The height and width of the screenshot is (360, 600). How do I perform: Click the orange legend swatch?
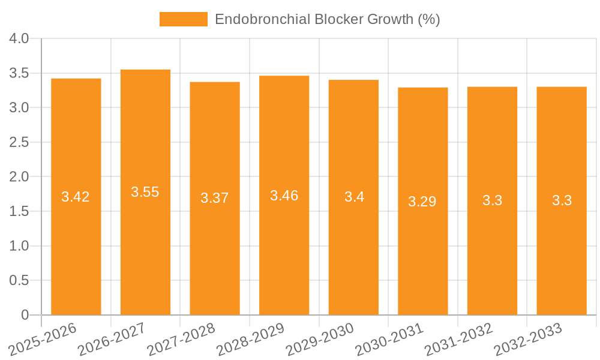(x=183, y=19)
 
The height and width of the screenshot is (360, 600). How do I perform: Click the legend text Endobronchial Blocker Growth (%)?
(x=327, y=19)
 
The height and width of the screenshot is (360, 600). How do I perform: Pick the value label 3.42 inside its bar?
(x=76, y=197)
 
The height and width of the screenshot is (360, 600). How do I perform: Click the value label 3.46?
(x=284, y=196)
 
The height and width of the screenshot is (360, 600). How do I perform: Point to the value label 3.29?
(x=422, y=202)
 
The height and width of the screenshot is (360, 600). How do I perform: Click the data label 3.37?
(x=215, y=199)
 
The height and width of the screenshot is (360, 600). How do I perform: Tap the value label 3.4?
(x=354, y=197)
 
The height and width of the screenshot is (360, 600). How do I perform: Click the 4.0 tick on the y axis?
(x=20, y=39)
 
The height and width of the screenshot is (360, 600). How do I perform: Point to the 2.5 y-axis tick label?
(x=20, y=143)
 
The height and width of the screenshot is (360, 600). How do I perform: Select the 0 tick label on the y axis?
(x=25, y=315)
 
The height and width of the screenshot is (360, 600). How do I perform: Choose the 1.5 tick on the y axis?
(x=20, y=212)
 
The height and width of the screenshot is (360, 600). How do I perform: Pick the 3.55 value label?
(x=145, y=192)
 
